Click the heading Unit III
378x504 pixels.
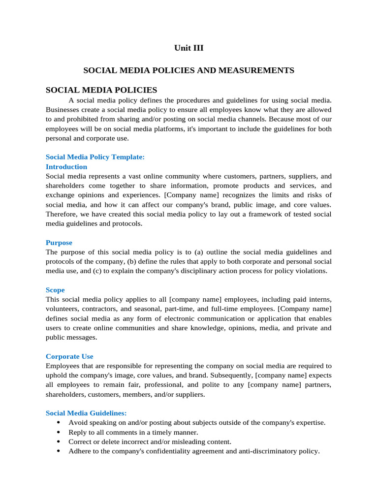(189, 48)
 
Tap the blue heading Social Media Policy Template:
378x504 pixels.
(95, 157)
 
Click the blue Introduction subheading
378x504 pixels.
(66, 166)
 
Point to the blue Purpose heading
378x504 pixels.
(59, 243)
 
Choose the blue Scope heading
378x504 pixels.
(55, 290)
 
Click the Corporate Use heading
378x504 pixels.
(69, 356)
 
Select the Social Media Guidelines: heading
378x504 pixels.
(86, 413)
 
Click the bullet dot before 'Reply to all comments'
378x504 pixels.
(59, 432)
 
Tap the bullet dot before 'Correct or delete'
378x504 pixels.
(59, 441)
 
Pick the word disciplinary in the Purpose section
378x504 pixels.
(205, 271)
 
